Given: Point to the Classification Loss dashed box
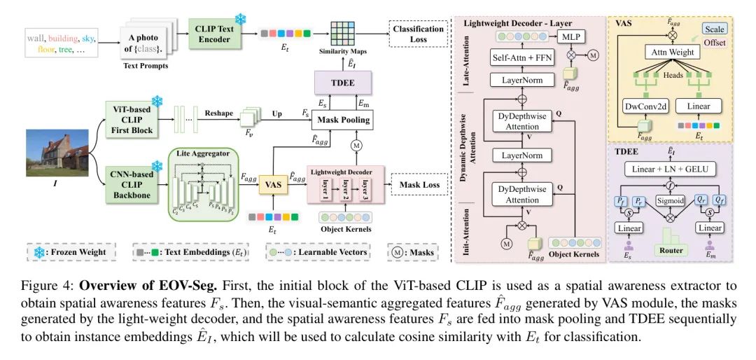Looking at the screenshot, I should click(419, 33).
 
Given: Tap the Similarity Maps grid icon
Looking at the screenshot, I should click(342, 32).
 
